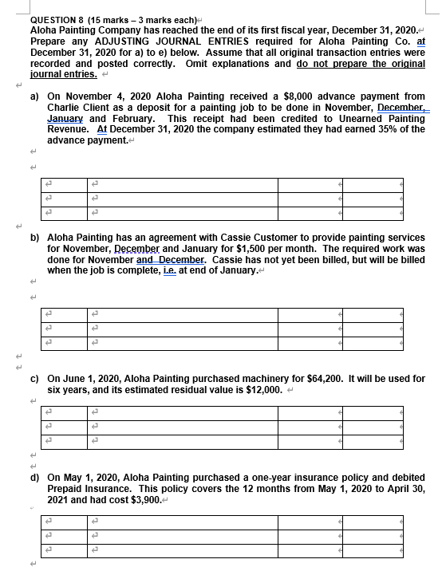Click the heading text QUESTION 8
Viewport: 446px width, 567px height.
tap(50, 18)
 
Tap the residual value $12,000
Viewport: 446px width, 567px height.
tap(260, 389)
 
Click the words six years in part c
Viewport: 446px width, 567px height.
tap(69, 389)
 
